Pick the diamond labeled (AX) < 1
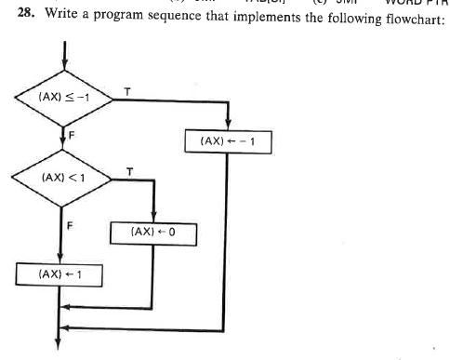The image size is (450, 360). (61, 177)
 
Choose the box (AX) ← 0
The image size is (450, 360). (152, 230)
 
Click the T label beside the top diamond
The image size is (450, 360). (126, 89)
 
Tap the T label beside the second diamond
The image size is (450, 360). (130, 169)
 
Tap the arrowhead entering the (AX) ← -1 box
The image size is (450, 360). (228, 128)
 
